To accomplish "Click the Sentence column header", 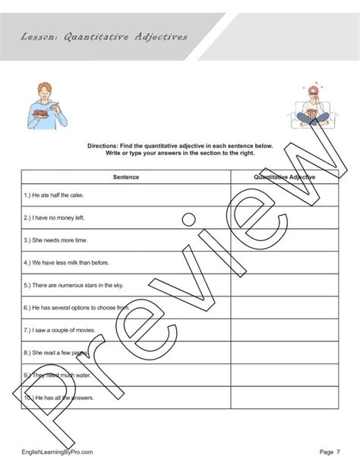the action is [125, 176].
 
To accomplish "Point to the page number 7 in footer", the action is [339, 452].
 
